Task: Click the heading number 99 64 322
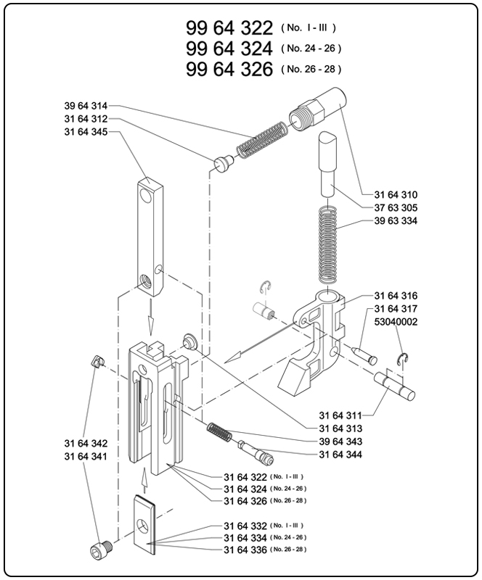tap(229, 28)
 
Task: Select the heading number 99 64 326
tap(229, 69)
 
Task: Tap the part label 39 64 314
tap(86, 106)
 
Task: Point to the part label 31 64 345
tap(86, 132)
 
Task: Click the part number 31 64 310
tap(396, 194)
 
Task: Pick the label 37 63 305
tap(396, 207)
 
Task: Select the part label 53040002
tap(396, 322)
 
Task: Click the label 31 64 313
tap(340, 428)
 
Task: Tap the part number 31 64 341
tap(86, 457)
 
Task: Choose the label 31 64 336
tap(245, 550)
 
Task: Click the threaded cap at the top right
tap(318, 107)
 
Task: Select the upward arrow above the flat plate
tap(144, 480)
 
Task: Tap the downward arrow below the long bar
tap(150, 317)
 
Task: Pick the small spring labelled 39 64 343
tap(220, 432)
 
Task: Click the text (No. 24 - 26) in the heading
tap(311, 49)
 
